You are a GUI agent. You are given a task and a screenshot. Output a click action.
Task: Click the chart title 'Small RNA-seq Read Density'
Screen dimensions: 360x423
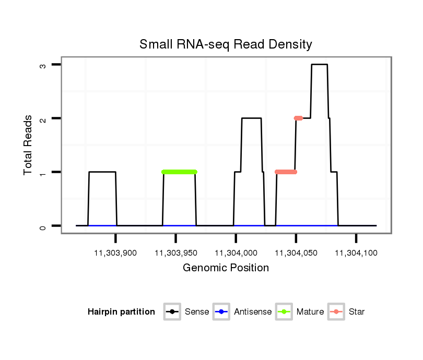226,44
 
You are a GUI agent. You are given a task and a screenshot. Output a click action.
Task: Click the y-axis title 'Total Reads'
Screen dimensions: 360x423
29,145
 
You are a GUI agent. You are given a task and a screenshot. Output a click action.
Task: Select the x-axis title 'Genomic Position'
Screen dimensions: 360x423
226,268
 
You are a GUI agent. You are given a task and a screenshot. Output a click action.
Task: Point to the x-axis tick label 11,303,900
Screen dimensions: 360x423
115,253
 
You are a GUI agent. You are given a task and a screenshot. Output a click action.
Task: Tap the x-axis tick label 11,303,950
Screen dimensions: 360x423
175,253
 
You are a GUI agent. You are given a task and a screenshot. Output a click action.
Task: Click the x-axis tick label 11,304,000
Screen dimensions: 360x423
236,253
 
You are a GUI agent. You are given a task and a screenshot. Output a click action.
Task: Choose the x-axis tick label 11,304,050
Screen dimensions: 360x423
296,253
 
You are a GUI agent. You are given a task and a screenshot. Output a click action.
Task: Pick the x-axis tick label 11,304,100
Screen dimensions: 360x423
356,253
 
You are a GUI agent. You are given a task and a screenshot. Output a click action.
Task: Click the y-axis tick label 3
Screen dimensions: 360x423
44,65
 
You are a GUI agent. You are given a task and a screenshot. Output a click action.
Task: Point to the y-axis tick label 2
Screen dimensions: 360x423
44,118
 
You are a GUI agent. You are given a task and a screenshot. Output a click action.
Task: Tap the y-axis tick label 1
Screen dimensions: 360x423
44,172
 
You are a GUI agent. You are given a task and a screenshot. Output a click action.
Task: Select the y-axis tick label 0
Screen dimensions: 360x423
44,226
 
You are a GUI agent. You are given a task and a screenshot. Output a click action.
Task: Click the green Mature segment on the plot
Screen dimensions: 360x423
179,172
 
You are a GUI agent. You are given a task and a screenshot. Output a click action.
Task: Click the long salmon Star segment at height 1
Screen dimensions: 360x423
286,172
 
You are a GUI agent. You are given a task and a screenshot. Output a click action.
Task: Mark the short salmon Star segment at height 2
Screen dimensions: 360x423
298,118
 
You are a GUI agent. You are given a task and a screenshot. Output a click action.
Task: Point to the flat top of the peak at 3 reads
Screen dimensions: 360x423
319,65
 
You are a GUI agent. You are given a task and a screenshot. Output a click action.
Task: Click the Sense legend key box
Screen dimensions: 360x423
172,312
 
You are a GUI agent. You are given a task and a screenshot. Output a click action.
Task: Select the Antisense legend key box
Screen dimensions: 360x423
222,312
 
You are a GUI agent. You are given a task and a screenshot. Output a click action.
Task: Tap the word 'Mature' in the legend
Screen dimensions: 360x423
310,312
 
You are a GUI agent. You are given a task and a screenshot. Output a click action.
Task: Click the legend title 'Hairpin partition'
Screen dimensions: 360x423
121,312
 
